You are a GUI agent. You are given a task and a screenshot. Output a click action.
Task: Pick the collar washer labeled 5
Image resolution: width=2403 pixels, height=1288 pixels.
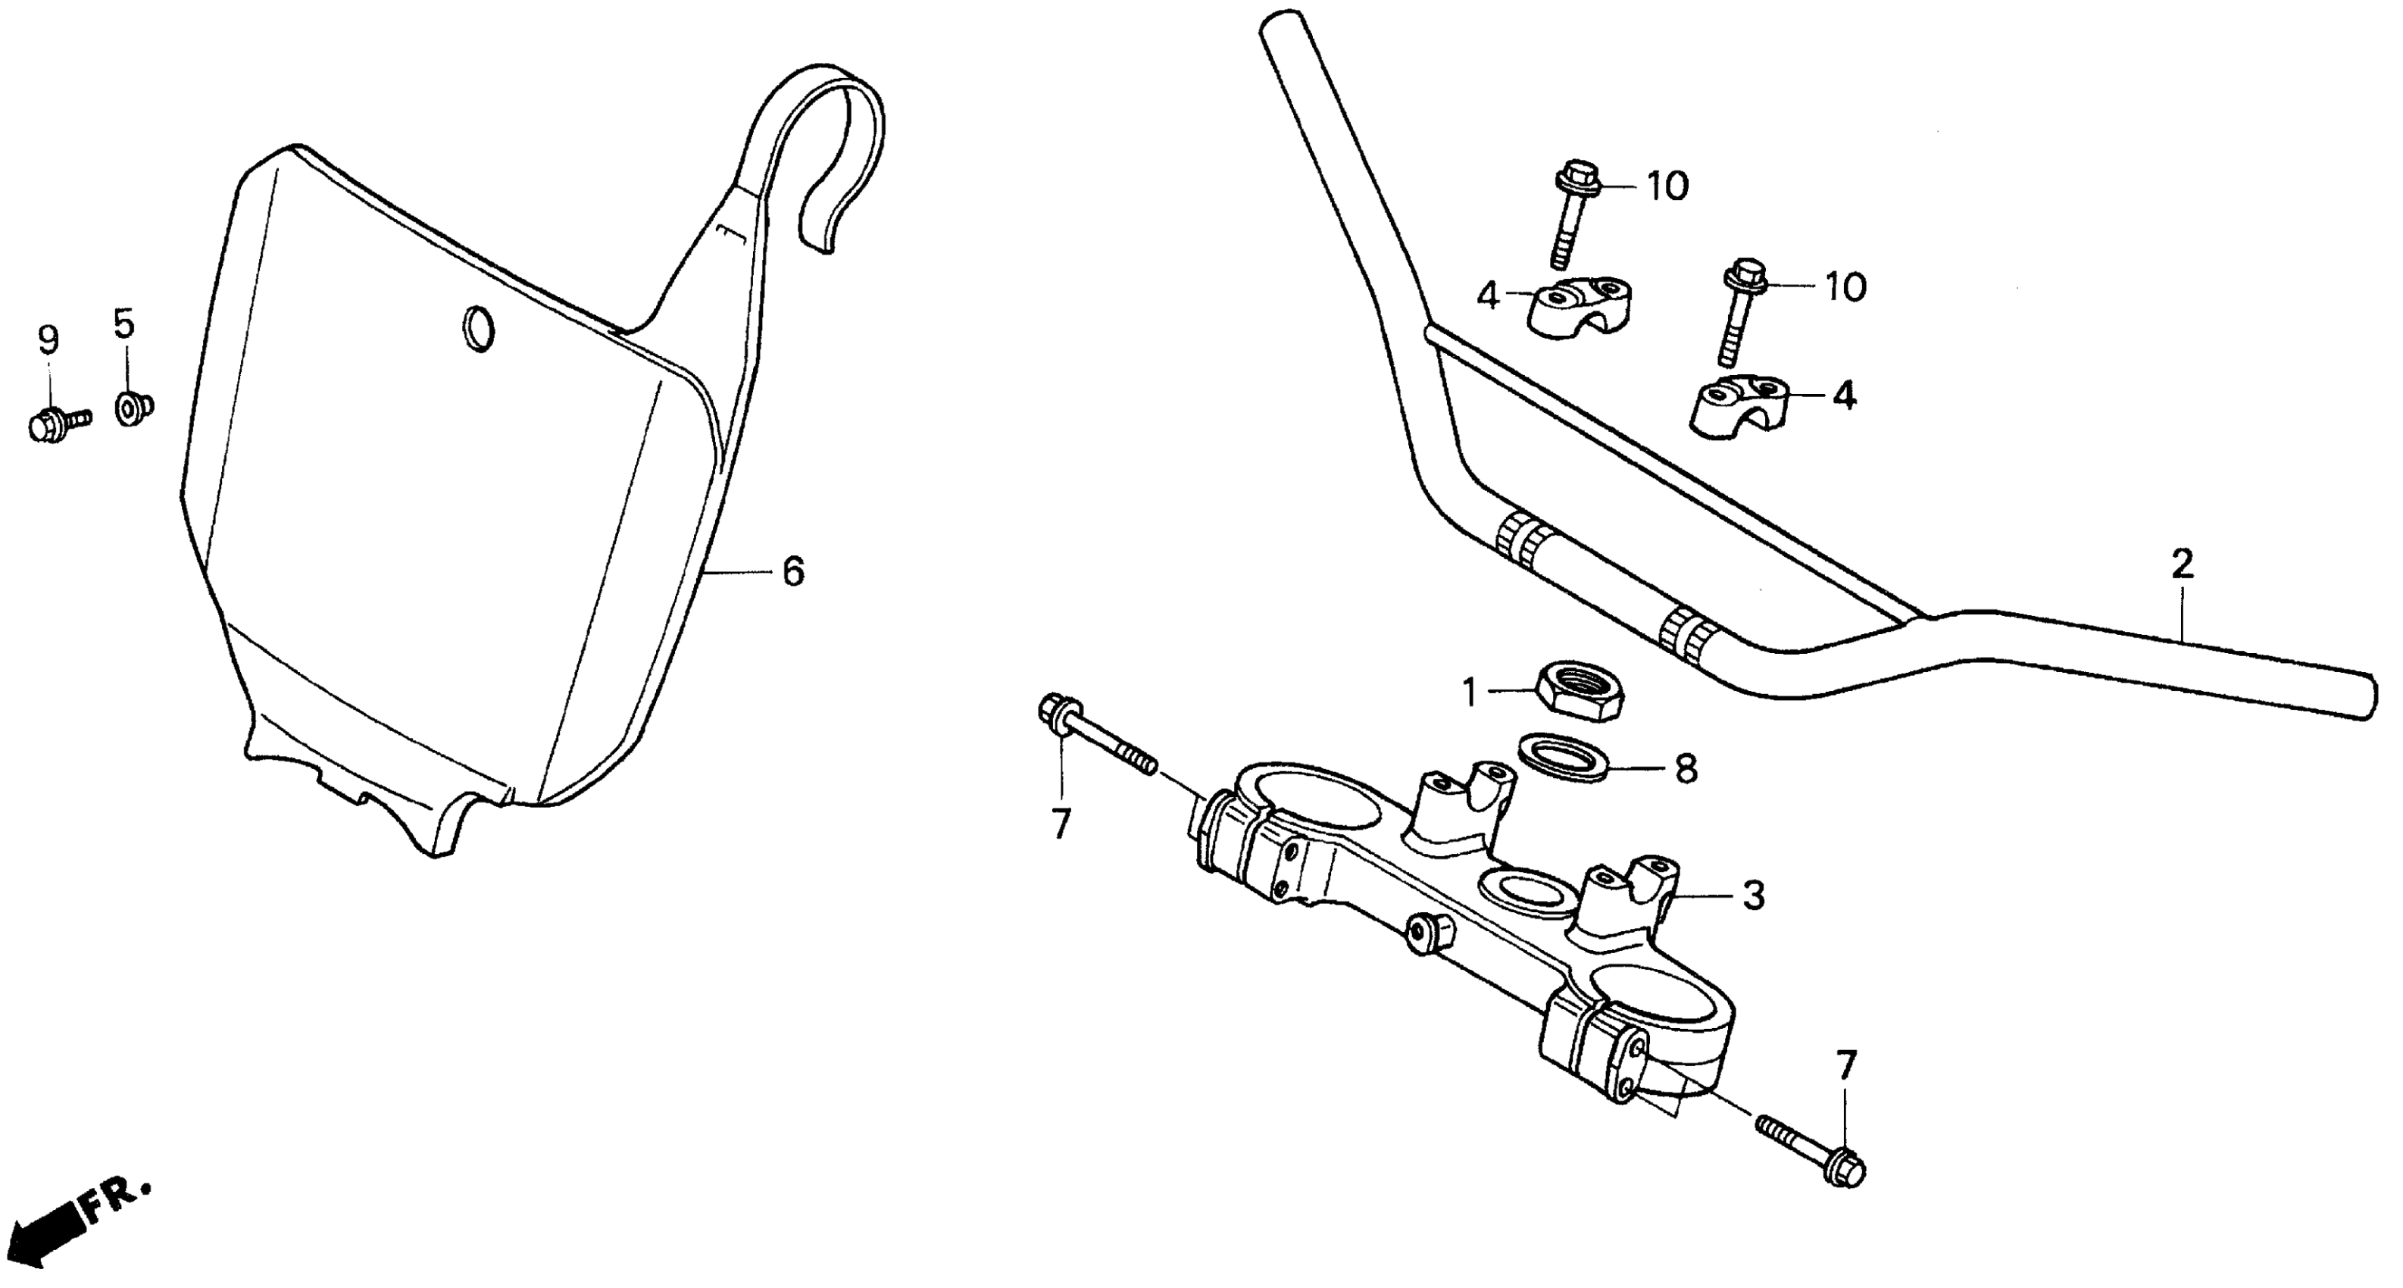(133, 408)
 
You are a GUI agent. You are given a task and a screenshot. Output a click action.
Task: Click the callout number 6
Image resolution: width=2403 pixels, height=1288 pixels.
(793, 572)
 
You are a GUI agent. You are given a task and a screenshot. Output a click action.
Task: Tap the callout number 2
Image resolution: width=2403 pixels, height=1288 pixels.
(2181, 564)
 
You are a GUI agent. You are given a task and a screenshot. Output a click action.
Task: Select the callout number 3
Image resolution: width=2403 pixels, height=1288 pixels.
(1754, 896)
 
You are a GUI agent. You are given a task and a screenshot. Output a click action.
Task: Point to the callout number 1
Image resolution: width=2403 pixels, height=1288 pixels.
(1469, 693)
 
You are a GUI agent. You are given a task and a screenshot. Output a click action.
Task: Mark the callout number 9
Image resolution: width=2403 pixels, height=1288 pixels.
(48, 340)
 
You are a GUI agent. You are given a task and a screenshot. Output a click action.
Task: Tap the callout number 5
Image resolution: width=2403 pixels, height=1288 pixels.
(124, 324)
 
